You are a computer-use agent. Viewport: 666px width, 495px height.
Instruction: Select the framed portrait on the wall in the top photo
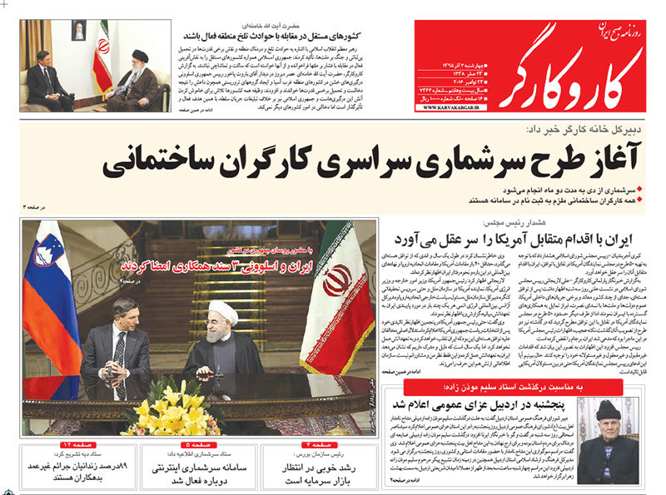78,30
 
